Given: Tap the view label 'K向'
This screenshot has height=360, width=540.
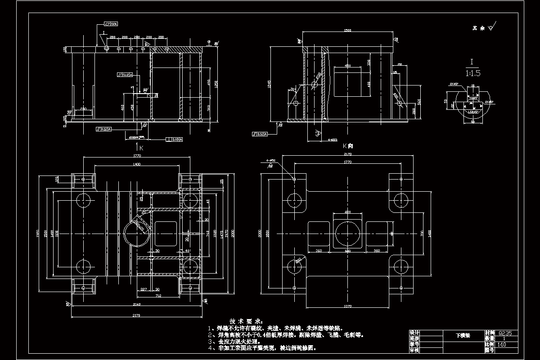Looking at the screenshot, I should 348,146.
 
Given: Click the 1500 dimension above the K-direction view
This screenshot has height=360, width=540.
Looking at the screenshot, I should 347,31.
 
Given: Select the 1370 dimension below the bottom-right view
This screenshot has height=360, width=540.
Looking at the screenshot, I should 347,306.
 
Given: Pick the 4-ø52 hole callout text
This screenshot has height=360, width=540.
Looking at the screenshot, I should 270,161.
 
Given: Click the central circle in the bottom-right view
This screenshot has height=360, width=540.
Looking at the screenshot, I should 347,234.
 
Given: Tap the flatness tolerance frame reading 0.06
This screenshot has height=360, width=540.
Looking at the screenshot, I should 110,23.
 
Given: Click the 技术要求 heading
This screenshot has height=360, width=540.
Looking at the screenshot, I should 245,321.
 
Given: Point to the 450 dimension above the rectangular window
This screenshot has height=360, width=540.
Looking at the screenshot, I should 347,66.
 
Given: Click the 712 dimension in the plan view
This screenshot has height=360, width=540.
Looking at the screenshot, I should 158,296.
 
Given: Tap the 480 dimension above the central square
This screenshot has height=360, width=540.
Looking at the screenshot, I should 347,211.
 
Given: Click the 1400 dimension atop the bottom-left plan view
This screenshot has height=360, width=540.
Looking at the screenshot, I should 136,165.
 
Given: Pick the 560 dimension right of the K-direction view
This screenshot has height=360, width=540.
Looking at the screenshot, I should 418,102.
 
